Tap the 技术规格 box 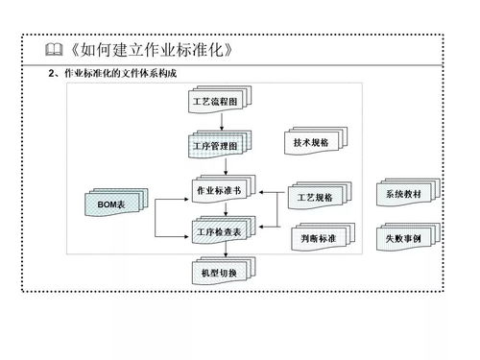click(310, 143)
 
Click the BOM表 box click(112, 204)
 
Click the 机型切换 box click(222, 274)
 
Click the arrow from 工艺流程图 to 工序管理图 click(223, 122)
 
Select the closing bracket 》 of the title click(228, 49)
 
